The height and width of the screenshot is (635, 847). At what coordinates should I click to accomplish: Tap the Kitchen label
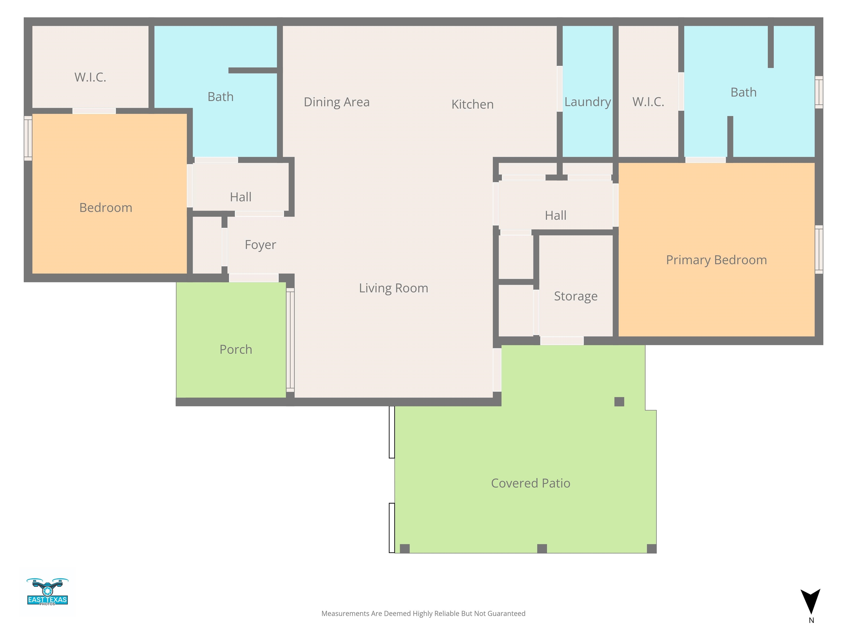click(x=473, y=104)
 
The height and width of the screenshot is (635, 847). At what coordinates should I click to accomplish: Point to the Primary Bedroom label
click(x=716, y=260)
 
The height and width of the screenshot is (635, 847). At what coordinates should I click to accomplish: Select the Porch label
click(x=236, y=349)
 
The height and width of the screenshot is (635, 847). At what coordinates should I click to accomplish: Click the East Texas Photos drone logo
click(x=47, y=591)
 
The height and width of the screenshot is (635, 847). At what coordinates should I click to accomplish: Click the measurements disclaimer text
click(x=423, y=614)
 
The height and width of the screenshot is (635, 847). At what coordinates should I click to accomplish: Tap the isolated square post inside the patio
click(x=619, y=402)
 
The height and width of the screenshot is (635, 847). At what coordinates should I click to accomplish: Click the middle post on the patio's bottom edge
click(x=542, y=548)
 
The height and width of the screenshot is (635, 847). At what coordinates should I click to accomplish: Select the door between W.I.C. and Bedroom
click(x=94, y=111)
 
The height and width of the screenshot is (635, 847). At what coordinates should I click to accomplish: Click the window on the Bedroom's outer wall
click(x=28, y=138)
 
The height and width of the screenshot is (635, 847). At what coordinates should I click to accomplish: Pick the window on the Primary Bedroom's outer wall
click(x=819, y=249)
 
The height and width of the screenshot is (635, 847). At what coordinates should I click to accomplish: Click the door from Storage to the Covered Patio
click(x=562, y=341)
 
